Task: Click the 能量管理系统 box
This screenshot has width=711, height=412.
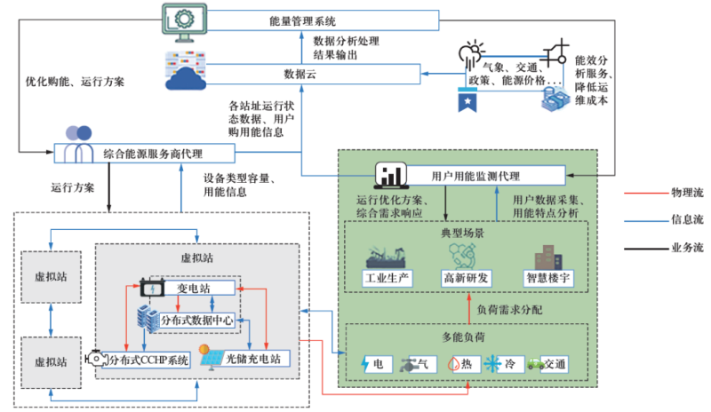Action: click(302, 19)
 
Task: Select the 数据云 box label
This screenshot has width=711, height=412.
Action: click(302, 73)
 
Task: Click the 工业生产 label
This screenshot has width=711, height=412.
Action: click(387, 279)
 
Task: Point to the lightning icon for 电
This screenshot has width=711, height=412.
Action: click(366, 364)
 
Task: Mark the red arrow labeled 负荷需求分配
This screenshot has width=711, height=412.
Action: click(467, 309)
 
